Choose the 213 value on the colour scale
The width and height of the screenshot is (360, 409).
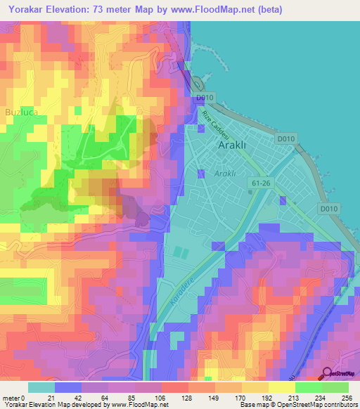pyautogui.click(x=295, y=398)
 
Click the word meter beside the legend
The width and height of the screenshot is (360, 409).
pyautogui.click(x=11, y=398)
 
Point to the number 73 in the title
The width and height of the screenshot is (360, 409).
pyautogui.click(x=118, y=9)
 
